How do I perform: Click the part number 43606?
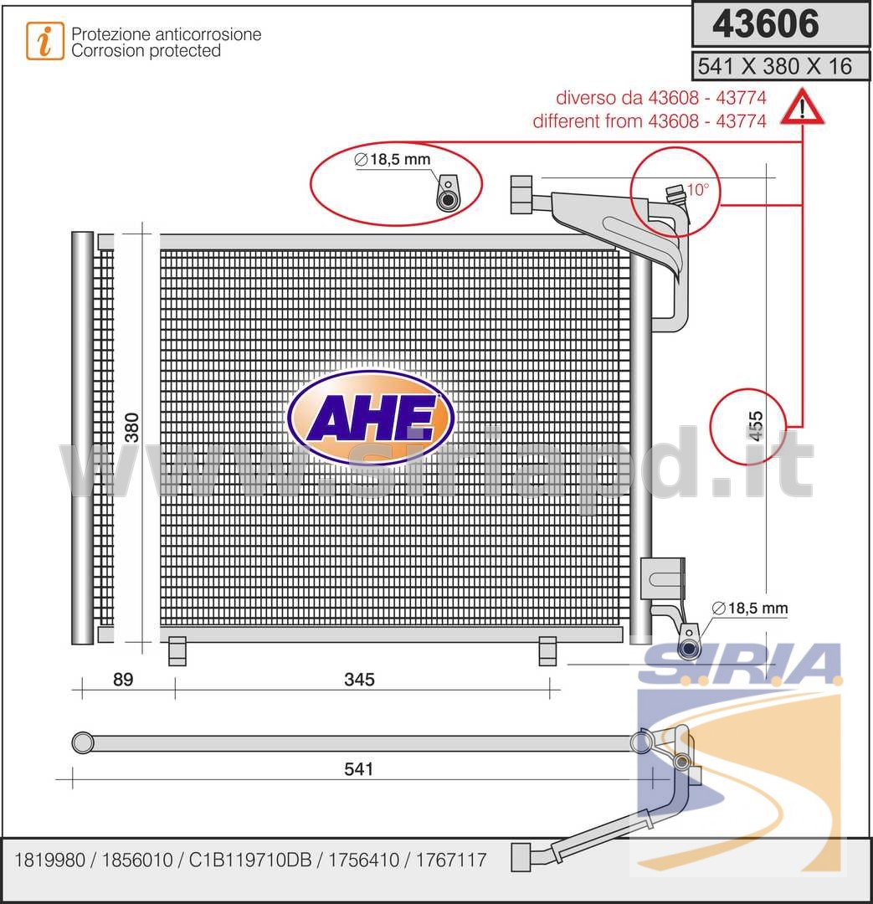pyautogui.click(x=765, y=23)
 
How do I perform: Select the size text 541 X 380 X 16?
pyautogui.click(x=774, y=66)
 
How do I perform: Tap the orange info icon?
pyautogui.click(x=45, y=41)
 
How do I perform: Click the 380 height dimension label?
pyautogui.click(x=132, y=427)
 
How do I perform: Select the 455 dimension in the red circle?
pyautogui.click(x=755, y=426)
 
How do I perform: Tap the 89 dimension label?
pyautogui.click(x=123, y=679)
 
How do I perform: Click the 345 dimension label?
pyautogui.click(x=359, y=679)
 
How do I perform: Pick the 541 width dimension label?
pyautogui.click(x=358, y=768)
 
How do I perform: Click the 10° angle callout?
pyautogui.click(x=698, y=189)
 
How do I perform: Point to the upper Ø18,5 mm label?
pyautogui.click(x=393, y=159)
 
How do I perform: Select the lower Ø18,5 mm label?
pyautogui.click(x=750, y=608)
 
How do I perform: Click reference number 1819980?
pyautogui.click(x=49, y=860)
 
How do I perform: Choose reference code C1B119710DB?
pyautogui.click(x=250, y=860)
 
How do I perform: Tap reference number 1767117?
pyautogui.click(x=451, y=860)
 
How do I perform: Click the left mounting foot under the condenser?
pyautogui.click(x=177, y=651)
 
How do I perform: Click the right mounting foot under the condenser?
pyautogui.click(x=547, y=651)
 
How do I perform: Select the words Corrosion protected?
pyautogui.click(x=146, y=51)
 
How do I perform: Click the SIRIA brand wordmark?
pyautogui.click(x=741, y=663)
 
